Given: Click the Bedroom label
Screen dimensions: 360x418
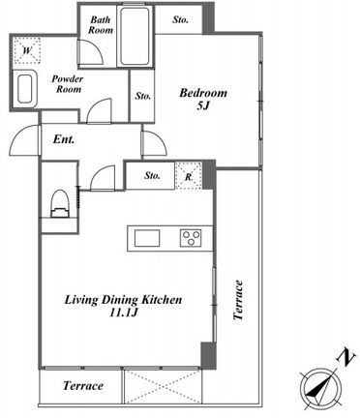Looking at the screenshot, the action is (203, 93).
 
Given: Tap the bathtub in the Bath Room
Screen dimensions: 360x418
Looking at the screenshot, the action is (135, 36).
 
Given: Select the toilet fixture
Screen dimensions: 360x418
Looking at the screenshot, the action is (59, 204).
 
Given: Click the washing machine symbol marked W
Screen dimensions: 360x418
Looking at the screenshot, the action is (27, 50).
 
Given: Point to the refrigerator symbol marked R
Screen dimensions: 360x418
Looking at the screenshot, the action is (189, 176).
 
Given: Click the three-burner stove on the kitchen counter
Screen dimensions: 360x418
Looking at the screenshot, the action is (191, 239).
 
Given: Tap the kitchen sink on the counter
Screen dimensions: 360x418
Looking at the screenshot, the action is (147, 238).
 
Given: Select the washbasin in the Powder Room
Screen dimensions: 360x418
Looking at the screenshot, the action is (25, 89).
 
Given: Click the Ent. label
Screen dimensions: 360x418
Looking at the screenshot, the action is (64, 139).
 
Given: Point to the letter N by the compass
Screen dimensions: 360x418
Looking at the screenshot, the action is (346, 356).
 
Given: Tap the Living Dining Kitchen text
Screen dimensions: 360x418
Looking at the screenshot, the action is (123, 300).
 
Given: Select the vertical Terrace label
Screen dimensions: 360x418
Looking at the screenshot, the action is (238, 300).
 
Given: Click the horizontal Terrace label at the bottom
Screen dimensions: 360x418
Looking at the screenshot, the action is (83, 385).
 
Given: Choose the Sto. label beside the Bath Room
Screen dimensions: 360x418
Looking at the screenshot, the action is (180, 20).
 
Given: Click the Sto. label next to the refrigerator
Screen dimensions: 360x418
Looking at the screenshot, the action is (152, 176).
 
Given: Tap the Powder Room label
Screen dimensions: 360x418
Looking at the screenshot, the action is (68, 84).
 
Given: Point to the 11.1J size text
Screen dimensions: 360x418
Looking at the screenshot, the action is (124, 313).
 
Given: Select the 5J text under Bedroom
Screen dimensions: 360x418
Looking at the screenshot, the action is (203, 105).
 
